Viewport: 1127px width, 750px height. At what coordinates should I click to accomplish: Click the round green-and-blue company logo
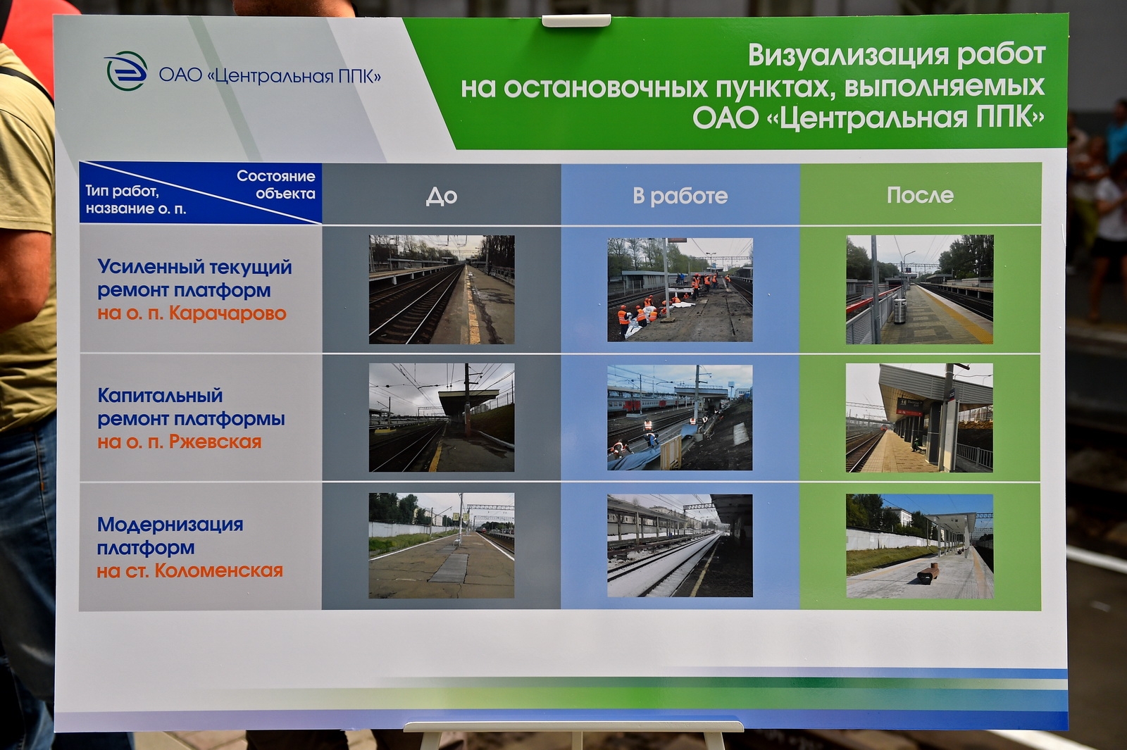pos(126,71)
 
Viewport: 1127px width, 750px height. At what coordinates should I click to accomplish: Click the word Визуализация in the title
pos(849,56)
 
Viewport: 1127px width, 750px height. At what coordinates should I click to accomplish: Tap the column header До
pos(441,196)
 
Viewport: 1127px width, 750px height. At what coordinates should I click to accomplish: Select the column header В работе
pos(680,196)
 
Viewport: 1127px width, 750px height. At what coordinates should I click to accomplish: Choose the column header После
pos(920,195)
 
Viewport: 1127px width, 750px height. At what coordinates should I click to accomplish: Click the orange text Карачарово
pos(228,313)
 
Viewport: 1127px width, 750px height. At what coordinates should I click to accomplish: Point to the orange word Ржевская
pos(215,442)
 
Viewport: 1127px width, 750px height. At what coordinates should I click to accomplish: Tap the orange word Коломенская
pos(219,570)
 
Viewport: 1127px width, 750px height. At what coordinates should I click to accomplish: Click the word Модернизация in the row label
pos(170,524)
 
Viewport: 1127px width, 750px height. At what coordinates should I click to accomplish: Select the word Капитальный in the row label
pos(160,395)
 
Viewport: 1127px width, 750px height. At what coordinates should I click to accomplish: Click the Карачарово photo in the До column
pos(442,289)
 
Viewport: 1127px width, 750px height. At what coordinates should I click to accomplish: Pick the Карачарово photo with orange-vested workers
pos(680,289)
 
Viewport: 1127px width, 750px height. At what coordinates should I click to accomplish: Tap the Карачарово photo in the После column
pos(920,289)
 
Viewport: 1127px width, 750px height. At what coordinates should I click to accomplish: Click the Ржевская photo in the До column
pos(442,418)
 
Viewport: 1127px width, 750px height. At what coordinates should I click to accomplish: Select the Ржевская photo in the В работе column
pos(680,418)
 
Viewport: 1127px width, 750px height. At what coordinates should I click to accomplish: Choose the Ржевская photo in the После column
pos(920,418)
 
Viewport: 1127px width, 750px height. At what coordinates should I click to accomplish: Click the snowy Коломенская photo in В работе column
pos(680,546)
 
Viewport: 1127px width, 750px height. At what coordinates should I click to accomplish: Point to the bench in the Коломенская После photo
pos(928,573)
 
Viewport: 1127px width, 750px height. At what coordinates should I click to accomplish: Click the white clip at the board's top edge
pos(576,20)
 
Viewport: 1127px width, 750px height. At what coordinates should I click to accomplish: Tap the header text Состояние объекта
pos(276,185)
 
